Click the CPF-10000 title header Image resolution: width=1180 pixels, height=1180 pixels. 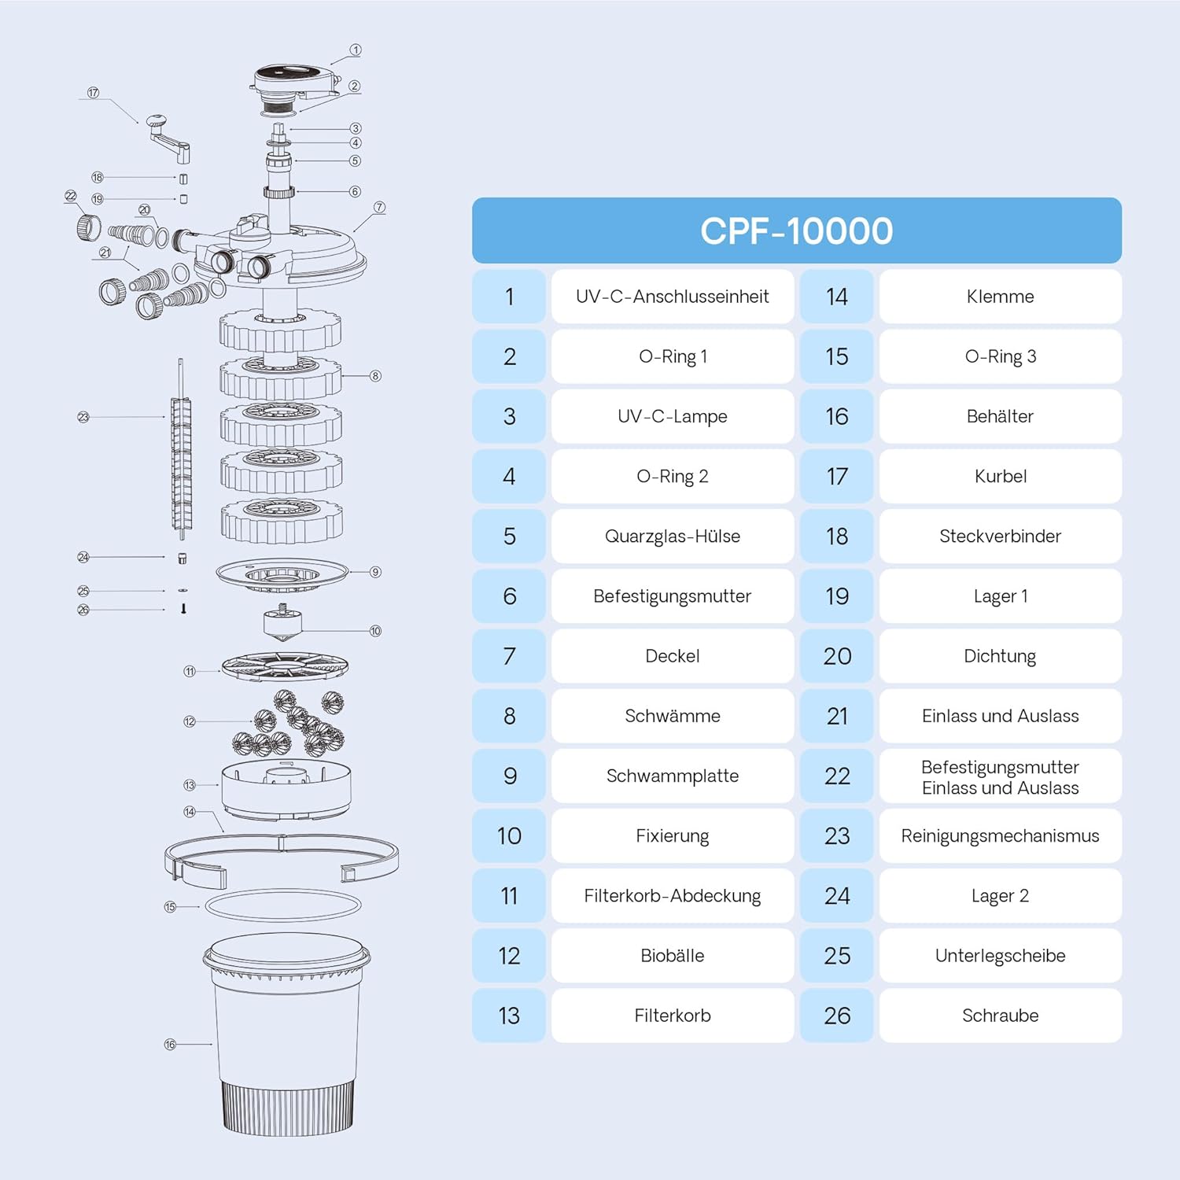(796, 230)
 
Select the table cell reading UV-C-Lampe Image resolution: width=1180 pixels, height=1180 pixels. (673, 416)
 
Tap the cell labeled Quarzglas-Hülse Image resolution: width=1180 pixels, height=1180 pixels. (673, 536)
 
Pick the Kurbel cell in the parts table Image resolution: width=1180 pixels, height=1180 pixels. (1000, 476)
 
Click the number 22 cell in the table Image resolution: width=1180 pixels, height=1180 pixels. (837, 776)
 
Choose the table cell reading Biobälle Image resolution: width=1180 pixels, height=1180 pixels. (673, 955)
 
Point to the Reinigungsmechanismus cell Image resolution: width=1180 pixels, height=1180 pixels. (1000, 835)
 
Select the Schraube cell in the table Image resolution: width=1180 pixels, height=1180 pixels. (1000, 1016)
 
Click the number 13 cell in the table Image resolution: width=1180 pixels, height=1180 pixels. (509, 1016)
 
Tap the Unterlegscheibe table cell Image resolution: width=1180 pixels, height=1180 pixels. (1000, 955)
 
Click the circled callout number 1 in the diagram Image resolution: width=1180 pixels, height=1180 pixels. (356, 50)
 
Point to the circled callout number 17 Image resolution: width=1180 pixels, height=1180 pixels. (94, 93)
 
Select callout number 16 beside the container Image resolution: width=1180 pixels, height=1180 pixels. (170, 1044)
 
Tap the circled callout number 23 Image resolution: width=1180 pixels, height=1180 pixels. (83, 417)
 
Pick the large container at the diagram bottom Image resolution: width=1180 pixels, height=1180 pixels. (286, 1034)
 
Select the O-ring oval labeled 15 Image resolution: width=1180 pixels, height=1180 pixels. (283, 905)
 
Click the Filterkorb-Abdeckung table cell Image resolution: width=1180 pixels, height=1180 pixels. (673, 895)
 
